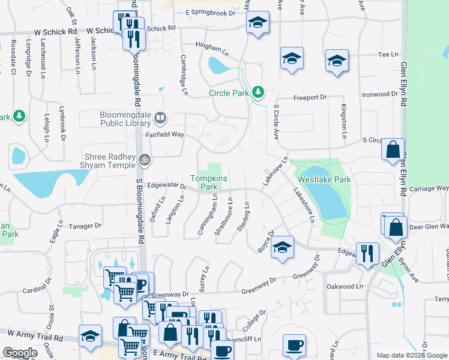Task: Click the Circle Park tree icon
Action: click(258, 92)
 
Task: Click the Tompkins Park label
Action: click(204, 182)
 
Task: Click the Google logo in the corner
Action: click(20, 353)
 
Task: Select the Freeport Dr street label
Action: click(309, 97)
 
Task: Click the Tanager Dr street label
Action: click(86, 226)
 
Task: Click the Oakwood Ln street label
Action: click(345, 287)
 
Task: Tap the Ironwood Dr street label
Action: click(380, 94)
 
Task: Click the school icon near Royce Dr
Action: click(282, 248)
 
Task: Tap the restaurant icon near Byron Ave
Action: click(367, 253)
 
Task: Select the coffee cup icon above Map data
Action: click(295, 345)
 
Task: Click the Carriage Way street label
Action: click(429, 188)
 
